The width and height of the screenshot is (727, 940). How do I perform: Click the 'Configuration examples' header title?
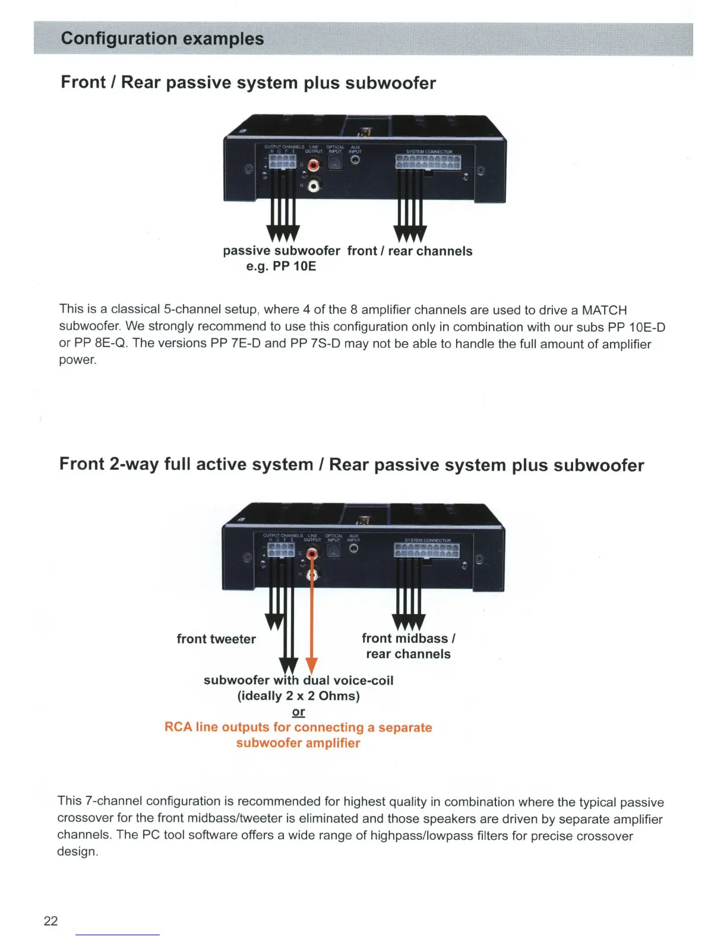click(x=162, y=39)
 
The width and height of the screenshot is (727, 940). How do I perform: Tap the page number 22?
click(x=51, y=920)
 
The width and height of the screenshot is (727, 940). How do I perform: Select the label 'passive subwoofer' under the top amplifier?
click(x=282, y=250)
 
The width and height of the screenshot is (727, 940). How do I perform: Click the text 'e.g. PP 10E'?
click(x=281, y=266)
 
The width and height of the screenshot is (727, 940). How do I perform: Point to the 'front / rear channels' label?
click(x=410, y=251)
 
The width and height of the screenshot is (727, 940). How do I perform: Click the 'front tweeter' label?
click(x=216, y=639)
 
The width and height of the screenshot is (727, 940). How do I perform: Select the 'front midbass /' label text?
click(x=409, y=639)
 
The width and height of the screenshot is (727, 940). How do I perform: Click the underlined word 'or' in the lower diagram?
click(x=298, y=712)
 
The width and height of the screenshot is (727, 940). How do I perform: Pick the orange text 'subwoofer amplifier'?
click(x=298, y=743)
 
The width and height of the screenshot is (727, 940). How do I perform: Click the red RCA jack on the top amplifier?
click(x=314, y=165)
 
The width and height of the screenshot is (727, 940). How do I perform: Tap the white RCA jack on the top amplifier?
click(x=314, y=187)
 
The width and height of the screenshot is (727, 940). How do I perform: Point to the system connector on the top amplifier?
click(x=428, y=162)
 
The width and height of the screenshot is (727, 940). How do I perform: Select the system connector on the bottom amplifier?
click(x=426, y=551)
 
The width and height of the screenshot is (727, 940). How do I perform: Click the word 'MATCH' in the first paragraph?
click(x=604, y=310)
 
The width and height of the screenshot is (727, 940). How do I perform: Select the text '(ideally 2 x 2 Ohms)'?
click(x=298, y=696)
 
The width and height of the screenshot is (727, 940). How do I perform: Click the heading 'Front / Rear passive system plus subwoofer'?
click(x=248, y=82)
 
